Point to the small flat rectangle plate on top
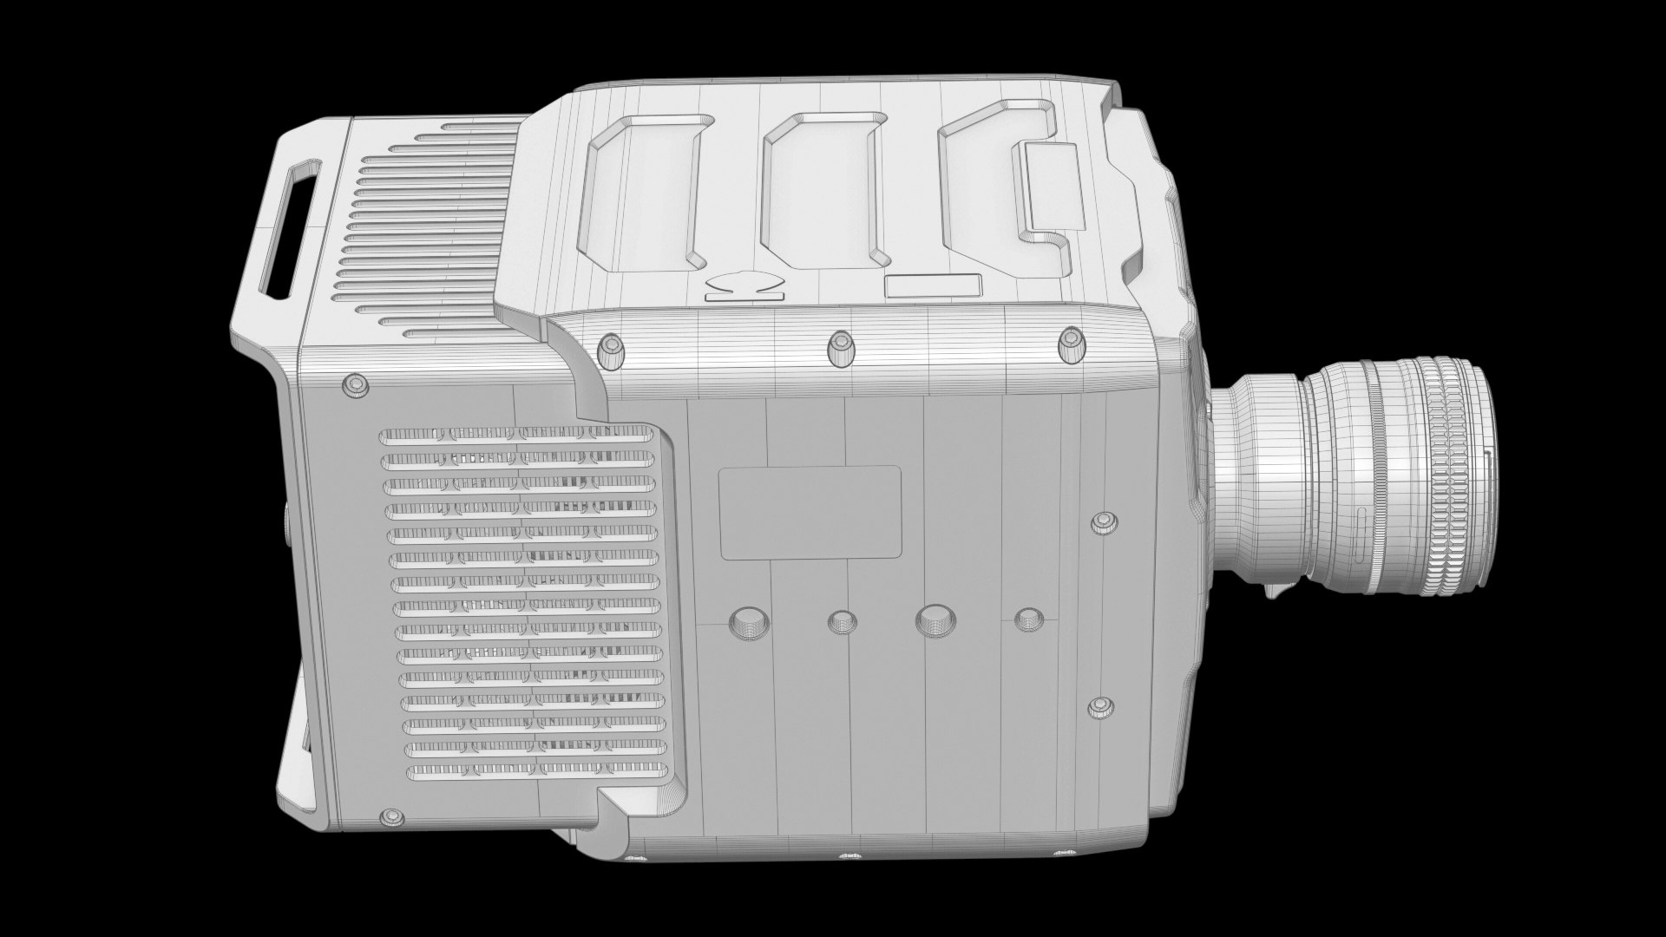tap(933, 288)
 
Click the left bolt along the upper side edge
tap(612, 347)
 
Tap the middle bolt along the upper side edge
tap(840, 347)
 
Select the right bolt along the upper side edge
tap(1072, 344)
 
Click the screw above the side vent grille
tap(354, 386)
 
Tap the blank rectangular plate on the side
tap(810, 512)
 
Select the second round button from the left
tap(841, 621)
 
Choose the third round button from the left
tap(933, 619)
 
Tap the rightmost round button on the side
tap(1026, 619)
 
